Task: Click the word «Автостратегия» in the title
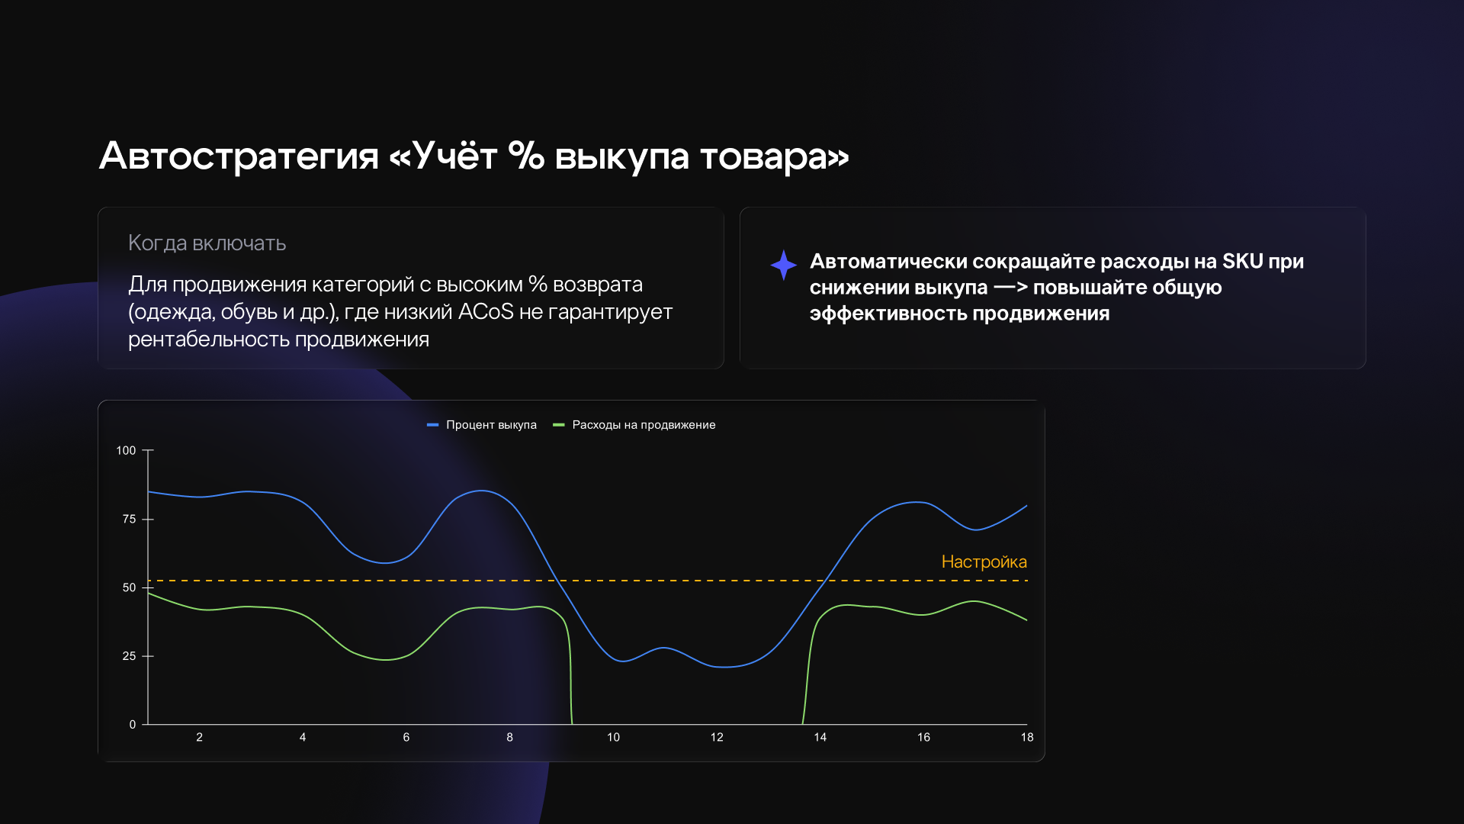(239, 156)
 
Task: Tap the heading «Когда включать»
(207, 243)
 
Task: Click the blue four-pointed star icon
(783, 265)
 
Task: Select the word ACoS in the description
(486, 311)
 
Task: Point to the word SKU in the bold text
(1243, 261)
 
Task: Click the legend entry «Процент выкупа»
(482, 425)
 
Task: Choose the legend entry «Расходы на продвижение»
(634, 425)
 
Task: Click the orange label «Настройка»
(984, 562)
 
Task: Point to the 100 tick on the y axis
(126, 450)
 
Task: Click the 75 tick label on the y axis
(129, 519)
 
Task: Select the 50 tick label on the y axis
(129, 587)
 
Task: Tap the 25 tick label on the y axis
(129, 656)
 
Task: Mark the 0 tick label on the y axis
(133, 724)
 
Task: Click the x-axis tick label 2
(200, 737)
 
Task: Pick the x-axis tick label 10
(614, 737)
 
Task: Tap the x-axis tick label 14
(820, 737)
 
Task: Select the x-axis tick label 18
(1027, 737)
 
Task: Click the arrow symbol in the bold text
(1011, 288)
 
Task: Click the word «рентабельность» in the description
(209, 340)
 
